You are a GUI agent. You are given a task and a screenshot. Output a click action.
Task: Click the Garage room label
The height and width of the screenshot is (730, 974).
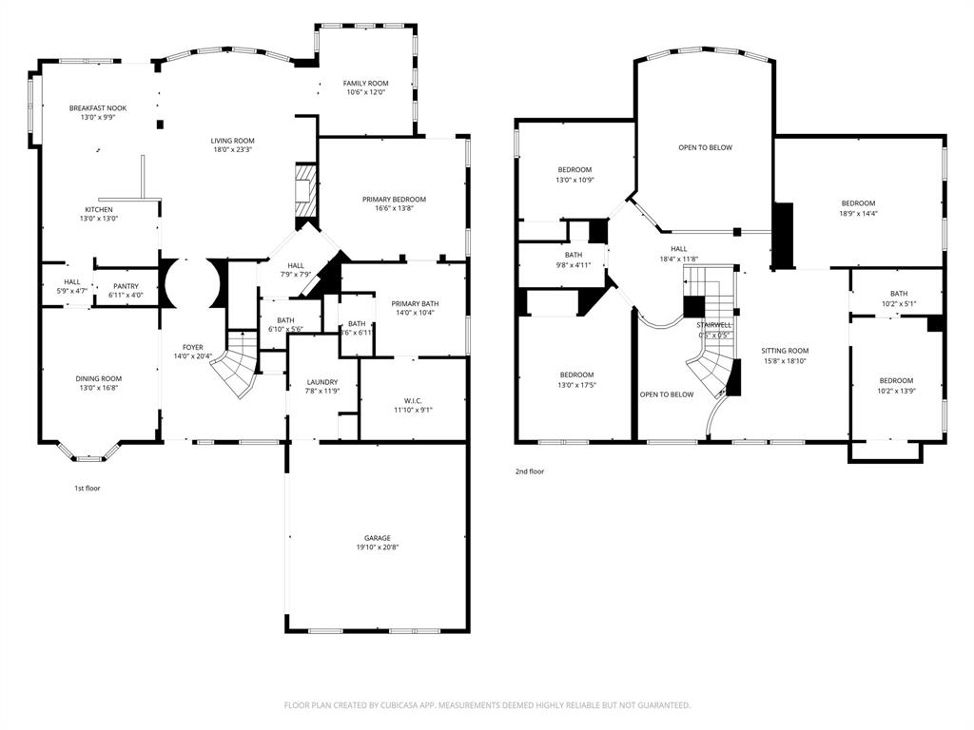click(x=377, y=538)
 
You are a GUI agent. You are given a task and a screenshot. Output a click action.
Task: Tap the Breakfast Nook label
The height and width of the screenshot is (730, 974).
click(x=97, y=108)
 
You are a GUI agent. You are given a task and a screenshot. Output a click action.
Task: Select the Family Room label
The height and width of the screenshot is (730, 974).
click(x=365, y=84)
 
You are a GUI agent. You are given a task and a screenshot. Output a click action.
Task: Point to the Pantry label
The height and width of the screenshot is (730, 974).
click(x=126, y=286)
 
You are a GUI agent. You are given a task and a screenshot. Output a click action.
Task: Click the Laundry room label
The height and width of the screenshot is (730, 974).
click(x=321, y=382)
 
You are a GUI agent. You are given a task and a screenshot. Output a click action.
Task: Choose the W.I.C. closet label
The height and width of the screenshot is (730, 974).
click(x=412, y=400)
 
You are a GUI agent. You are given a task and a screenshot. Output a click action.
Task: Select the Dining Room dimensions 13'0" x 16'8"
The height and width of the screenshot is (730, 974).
click(x=99, y=388)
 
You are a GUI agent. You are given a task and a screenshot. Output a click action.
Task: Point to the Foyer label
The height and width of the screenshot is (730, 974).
click(x=193, y=347)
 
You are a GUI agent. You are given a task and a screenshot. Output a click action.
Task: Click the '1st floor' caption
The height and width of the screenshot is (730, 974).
click(x=88, y=488)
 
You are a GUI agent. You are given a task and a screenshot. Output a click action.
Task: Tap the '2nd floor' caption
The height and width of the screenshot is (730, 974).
click(x=530, y=471)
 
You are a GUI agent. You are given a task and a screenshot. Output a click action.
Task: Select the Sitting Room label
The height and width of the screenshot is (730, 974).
click(x=785, y=351)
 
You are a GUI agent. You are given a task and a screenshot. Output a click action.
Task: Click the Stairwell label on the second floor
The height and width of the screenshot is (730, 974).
click(x=712, y=325)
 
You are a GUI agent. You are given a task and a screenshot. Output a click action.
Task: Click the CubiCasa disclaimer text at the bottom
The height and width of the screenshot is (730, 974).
click(x=487, y=705)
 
